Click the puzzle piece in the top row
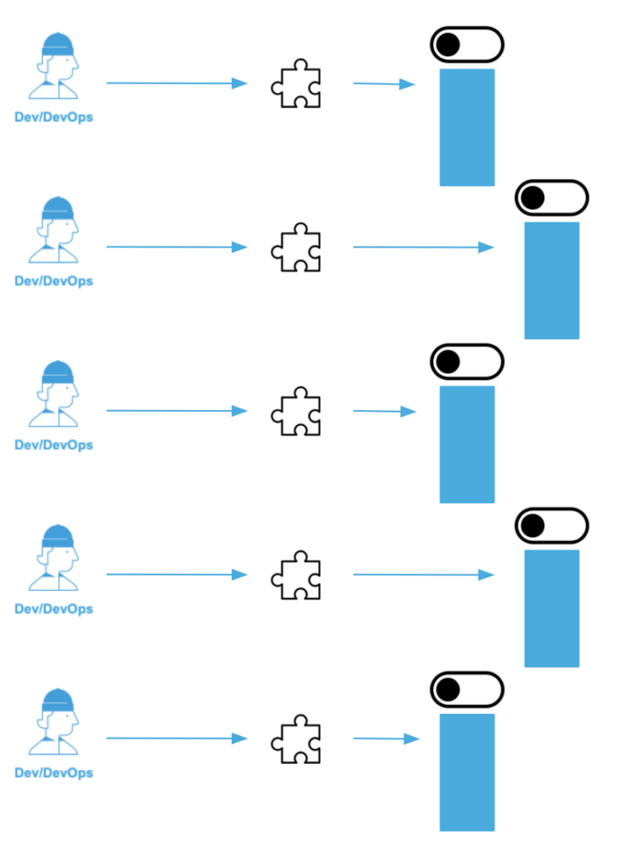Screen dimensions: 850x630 click(x=296, y=84)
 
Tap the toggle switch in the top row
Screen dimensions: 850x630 click(x=466, y=45)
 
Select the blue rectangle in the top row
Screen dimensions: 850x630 click(x=466, y=127)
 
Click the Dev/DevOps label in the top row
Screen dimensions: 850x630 click(x=54, y=117)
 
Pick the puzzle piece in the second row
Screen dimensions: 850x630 click(x=296, y=247)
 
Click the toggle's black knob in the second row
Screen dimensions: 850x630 click(x=532, y=198)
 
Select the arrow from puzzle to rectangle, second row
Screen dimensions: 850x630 click(x=422, y=247)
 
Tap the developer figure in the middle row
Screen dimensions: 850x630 click(x=55, y=393)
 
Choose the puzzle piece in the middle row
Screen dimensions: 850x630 click(x=296, y=411)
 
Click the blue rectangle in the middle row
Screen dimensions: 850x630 click(x=466, y=444)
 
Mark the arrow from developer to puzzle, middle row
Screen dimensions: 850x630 click(x=176, y=411)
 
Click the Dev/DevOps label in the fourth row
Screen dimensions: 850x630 click(x=54, y=608)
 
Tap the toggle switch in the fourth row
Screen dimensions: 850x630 click(x=551, y=525)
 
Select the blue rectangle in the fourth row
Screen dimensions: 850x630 click(x=551, y=608)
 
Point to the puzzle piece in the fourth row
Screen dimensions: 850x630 click(x=296, y=574)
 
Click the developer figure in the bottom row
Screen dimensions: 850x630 click(x=55, y=721)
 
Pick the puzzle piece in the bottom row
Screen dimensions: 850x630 click(x=296, y=739)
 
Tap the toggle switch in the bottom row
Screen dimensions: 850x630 click(x=466, y=689)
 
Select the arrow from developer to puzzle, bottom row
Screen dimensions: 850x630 click(x=176, y=739)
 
